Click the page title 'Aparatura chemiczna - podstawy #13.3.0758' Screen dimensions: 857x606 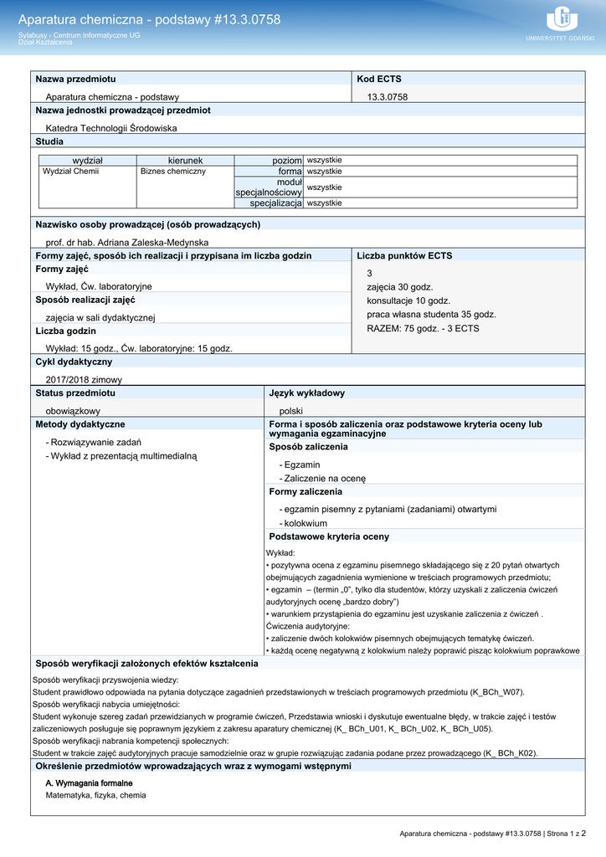coord(149,19)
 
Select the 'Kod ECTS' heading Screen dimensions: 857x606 coord(379,79)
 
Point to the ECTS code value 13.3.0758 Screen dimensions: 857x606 coord(388,97)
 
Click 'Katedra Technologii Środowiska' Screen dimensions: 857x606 coord(111,128)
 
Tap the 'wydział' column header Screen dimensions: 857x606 coord(88,160)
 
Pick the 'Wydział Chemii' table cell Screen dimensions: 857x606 coord(71,171)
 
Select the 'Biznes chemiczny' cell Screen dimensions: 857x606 coord(173,171)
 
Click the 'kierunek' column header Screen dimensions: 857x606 coord(185,160)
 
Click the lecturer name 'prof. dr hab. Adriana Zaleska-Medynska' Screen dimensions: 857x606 coord(127,242)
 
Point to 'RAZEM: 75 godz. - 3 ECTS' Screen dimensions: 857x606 coord(423,328)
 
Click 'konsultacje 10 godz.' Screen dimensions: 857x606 coord(408,300)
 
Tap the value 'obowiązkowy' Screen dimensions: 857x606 coord(73,411)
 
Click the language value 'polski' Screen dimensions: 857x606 coord(291,411)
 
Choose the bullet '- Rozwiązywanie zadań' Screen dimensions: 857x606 coord(94,442)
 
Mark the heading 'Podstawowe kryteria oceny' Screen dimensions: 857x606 coord(329,536)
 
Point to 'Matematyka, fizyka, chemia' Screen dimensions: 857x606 coord(95,795)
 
